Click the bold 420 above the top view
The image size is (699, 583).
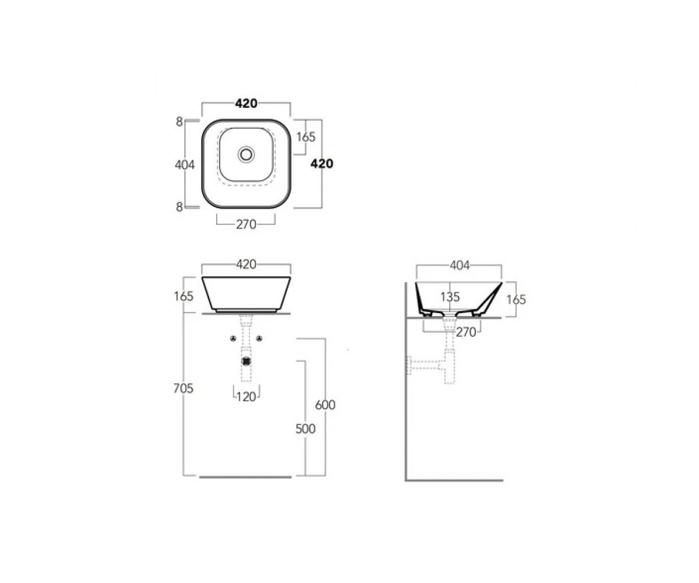pos(246,104)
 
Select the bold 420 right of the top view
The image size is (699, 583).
pos(322,163)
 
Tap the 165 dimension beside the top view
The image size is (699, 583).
pos(306,136)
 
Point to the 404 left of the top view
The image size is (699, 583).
pos(185,164)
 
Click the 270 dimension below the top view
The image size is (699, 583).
pos(246,224)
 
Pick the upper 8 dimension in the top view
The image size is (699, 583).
pos(179,122)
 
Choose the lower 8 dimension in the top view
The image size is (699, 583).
pos(179,207)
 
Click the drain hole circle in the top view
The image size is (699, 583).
pos(246,154)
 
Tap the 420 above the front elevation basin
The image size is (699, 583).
pos(246,264)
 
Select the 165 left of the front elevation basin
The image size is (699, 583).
pos(184,296)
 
